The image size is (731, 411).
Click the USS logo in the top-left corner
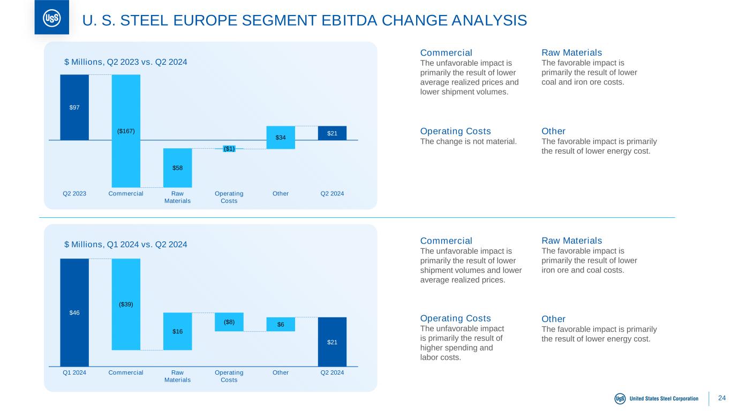point(51,18)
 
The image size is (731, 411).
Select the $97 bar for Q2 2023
point(74,107)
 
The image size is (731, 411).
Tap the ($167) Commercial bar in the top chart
point(126,131)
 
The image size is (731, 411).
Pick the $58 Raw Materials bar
point(177,168)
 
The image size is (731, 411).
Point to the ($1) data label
point(229,149)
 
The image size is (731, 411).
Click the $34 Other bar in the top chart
point(281,138)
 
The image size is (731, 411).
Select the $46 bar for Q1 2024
point(74,313)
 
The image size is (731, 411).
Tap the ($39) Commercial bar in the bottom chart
point(126,304)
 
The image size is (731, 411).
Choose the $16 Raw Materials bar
point(177,331)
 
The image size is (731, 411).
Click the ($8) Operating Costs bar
point(229,322)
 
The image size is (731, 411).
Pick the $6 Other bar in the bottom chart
point(281,324)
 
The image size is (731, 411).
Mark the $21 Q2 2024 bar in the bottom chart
point(332,342)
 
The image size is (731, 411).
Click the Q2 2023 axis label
point(74,193)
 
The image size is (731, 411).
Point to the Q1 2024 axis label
point(74,372)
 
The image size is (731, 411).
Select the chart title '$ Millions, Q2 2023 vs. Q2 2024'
point(125,62)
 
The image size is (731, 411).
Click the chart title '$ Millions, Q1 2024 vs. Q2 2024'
point(125,245)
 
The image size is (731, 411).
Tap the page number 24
point(722,398)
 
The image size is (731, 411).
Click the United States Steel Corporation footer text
point(664,399)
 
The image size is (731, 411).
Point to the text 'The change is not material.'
point(469,142)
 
